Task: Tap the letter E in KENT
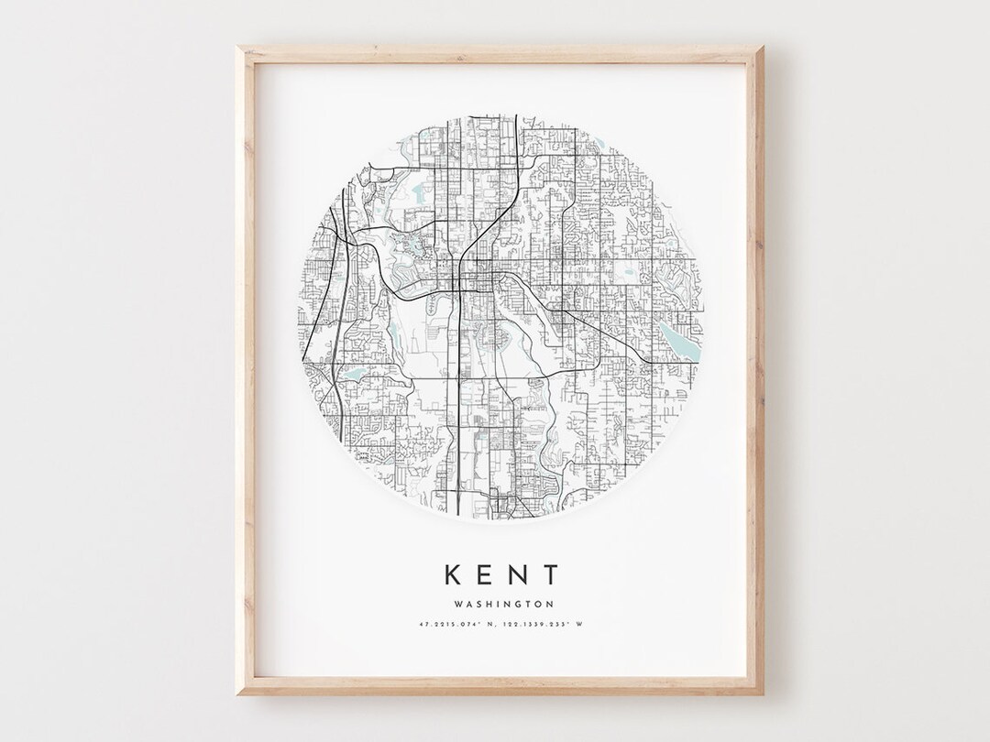pyautogui.click(x=487, y=574)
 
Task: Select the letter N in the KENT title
pyautogui.click(x=519, y=574)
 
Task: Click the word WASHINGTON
pyautogui.click(x=501, y=604)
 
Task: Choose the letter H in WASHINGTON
pyautogui.click(x=487, y=604)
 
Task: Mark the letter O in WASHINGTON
pyautogui.click(x=538, y=604)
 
